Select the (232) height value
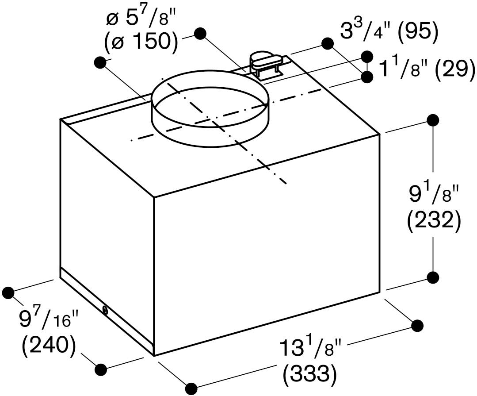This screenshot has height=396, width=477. tap(433, 222)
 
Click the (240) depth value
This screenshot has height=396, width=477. tap(49, 345)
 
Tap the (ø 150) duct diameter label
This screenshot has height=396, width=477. tap(141, 42)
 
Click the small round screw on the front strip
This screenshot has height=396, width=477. tap(105, 310)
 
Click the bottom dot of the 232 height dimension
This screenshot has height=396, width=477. tap(433, 277)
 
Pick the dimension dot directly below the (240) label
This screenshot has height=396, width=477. tap(101, 369)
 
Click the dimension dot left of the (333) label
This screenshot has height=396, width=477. tap(191, 388)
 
